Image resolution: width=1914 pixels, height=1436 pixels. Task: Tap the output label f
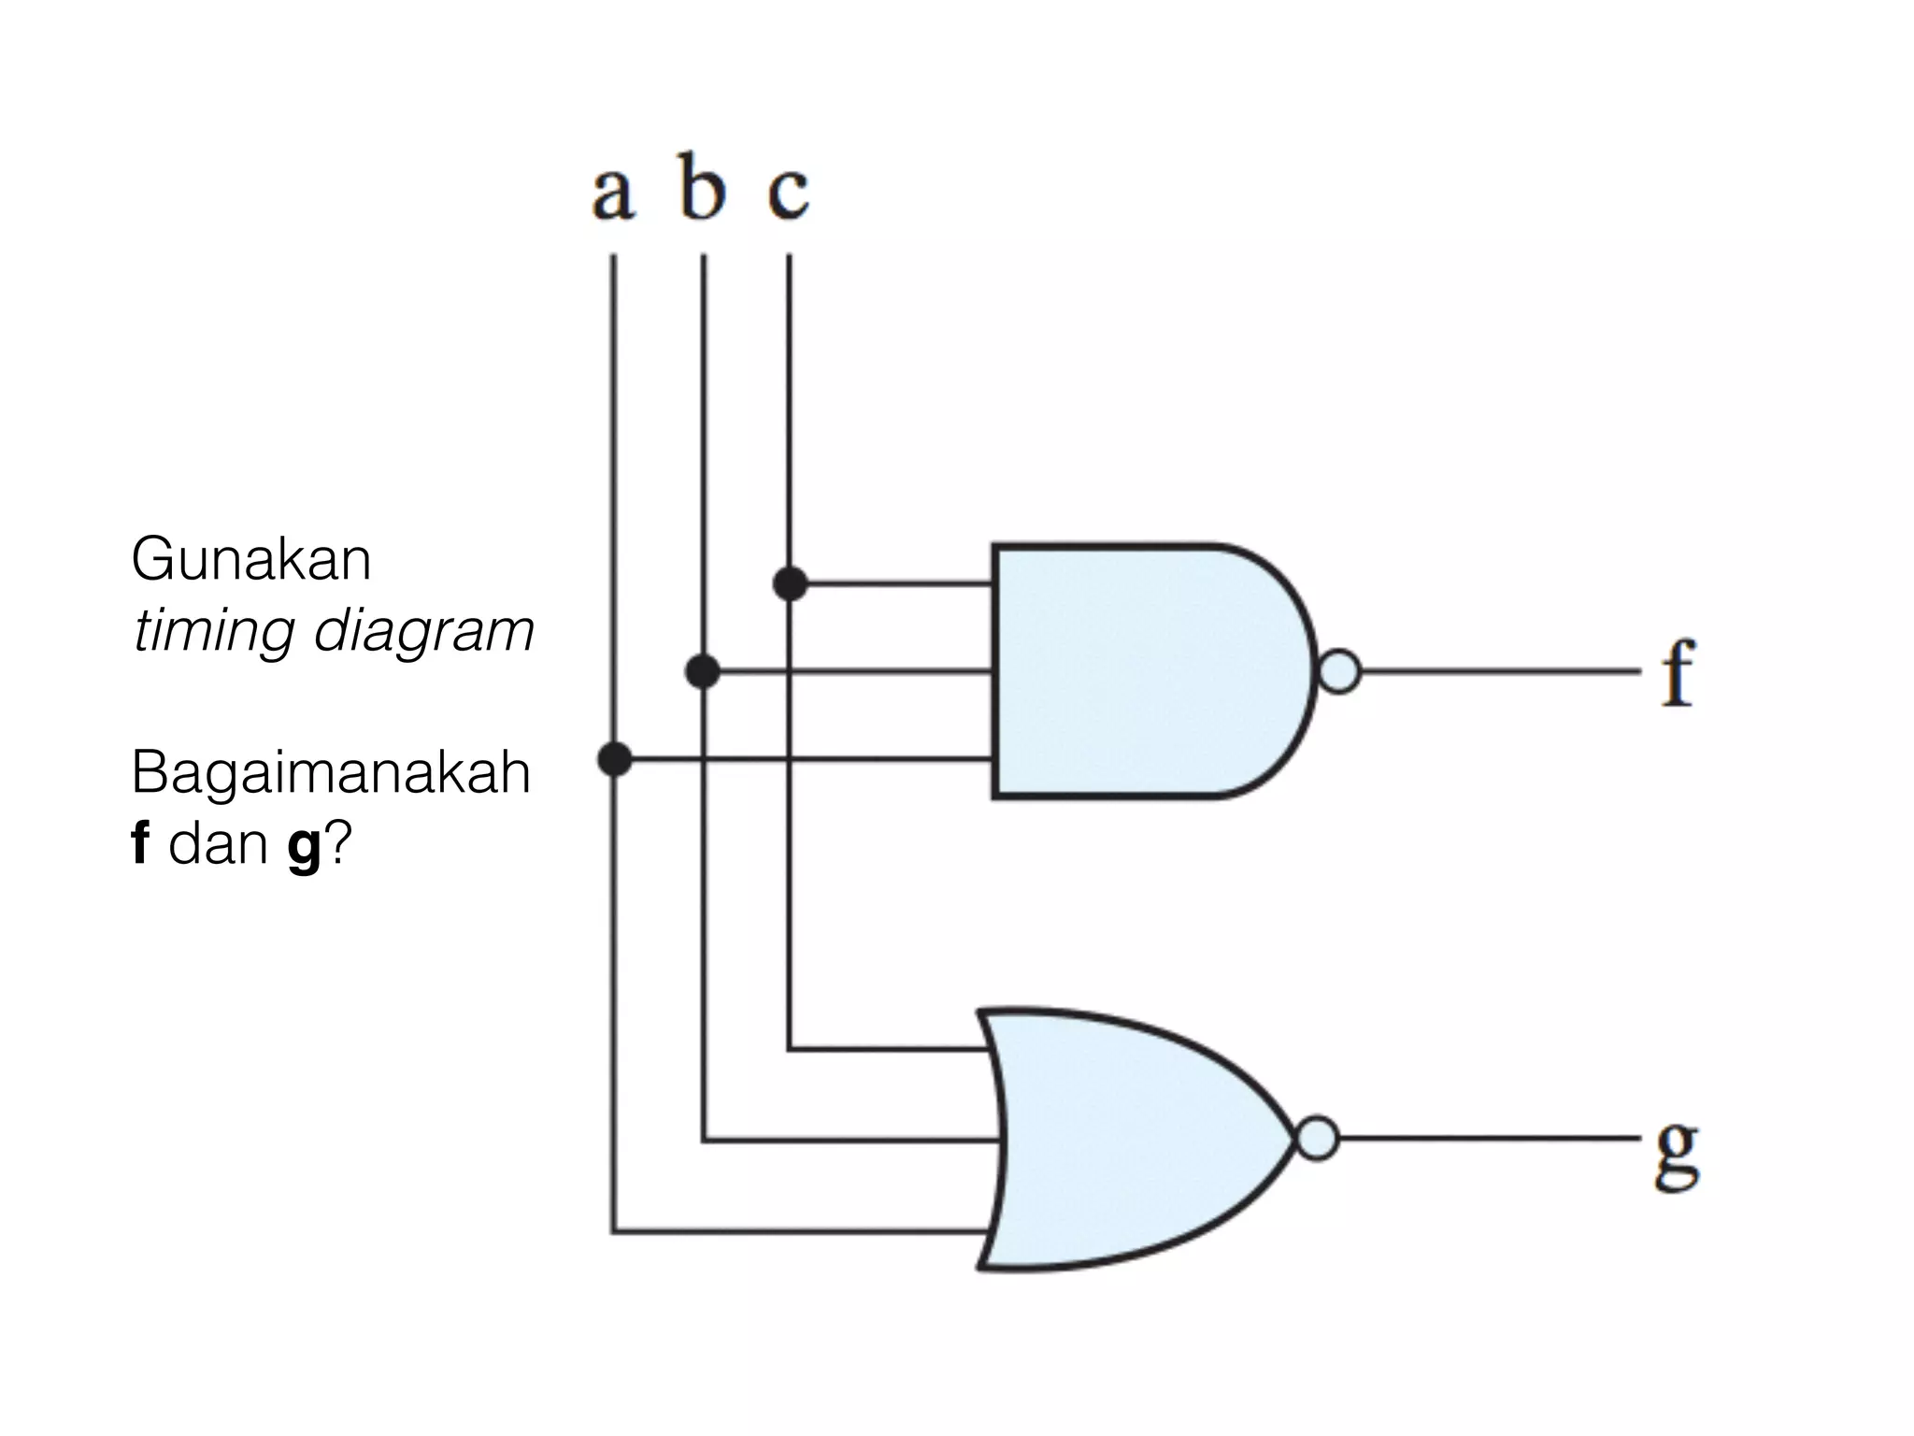pyautogui.click(x=1678, y=673)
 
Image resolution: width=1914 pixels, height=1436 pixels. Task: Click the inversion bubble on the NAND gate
pyautogui.click(x=1339, y=671)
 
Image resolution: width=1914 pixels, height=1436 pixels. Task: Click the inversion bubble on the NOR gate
pyautogui.click(x=1318, y=1140)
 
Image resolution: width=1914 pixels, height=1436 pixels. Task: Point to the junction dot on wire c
pyautogui.click(x=791, y=584)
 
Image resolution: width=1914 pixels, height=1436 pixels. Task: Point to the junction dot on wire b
pyautogui.click(x=703, y=671)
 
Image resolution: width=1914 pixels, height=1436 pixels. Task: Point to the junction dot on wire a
pyautogui.click(x=614, y=758)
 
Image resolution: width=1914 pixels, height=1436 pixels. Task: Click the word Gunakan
pyautogui.click(x=251, y=561)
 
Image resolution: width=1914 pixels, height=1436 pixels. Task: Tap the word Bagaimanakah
pyautogui.click(x=331, y=773)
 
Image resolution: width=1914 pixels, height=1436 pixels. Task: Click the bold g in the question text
pyautogui.click(x=305, y=847)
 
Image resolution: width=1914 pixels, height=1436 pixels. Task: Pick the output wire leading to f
pyautogui.click(x=1495, y=671)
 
